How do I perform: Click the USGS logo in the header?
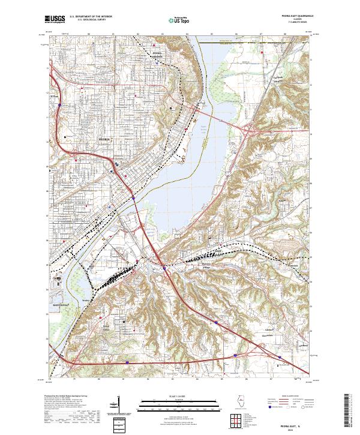point(55,19)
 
